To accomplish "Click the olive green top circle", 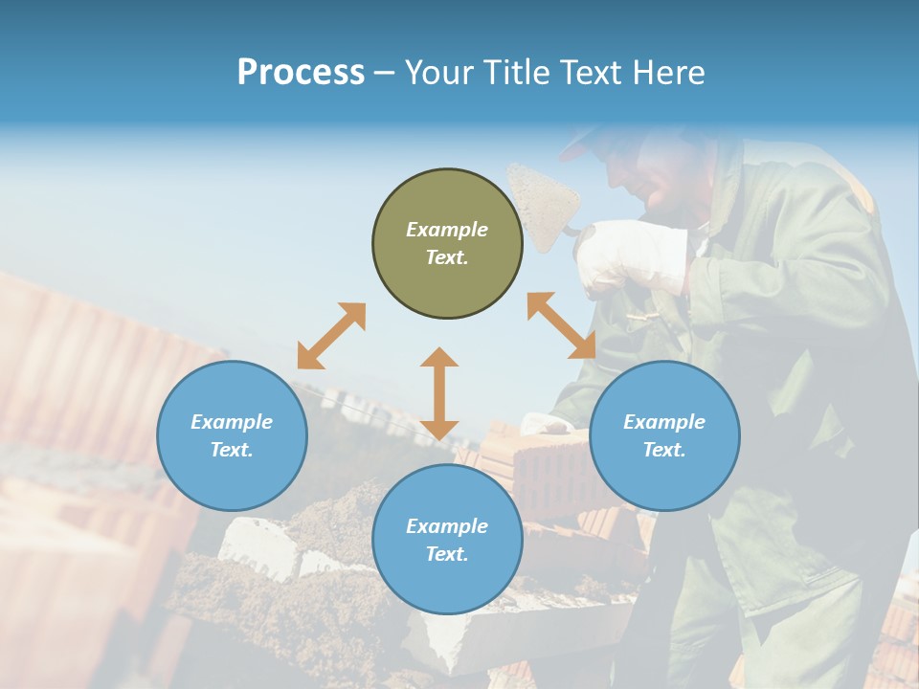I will pyautogui.click(x=447, y=244).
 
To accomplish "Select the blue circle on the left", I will pyautogui.click(x=232, y=435).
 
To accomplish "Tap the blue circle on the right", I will pyautogui.click(x=664, y=435).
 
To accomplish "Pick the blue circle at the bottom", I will pyautogui.click(x=447, y=540).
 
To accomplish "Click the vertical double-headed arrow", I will pyautogui.click(x=439, y=393).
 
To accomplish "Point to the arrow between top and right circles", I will pyautogui.click(x=561, y=325).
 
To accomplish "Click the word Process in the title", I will pyautogui.click(x=301, y=73).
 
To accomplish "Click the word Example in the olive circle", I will pyautogui.click(x=447, y=230).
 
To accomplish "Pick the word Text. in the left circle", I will pyautogui.click(x=232, y=450).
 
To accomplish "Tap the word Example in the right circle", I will pyautogui.click(x=664, y=422).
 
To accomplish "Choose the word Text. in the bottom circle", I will pyautogui.click(x=447, y=554).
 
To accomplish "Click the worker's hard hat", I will pyautogui.click(x=586, y=141).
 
